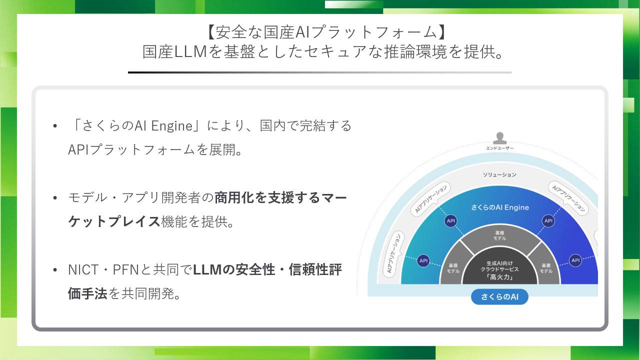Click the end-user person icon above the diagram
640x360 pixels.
coord(499,138)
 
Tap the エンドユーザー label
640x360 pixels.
coord(499,148)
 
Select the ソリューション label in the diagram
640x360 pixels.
coord(499,174)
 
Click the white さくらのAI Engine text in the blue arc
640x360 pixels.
coord(499,207)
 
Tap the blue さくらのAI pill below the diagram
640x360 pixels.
coord(499,296)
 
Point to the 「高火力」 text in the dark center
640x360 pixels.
coord(499,277)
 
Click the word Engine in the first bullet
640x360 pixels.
coord(171,126)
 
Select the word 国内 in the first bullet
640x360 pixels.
coord(272,125)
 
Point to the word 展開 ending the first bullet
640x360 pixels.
coord(222,149)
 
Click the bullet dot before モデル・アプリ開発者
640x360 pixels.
coord(55,197)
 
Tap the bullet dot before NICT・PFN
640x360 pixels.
coord(55,269)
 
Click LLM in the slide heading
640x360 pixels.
coord(190,52)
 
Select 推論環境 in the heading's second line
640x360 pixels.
coord(415,51)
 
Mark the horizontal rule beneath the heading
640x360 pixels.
coord(319,72)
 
